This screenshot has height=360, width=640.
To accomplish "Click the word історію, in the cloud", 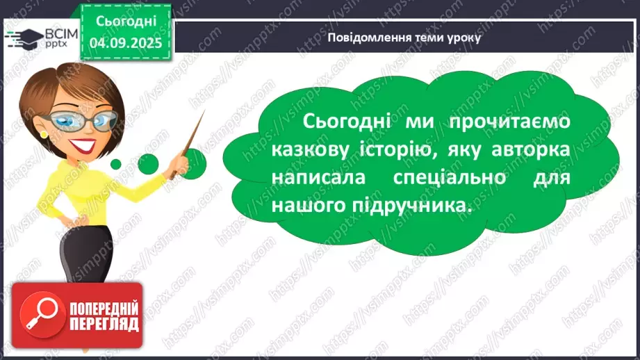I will [406, 150].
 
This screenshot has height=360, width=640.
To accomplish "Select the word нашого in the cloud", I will [309, 206].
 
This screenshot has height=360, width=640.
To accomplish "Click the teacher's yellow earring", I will [44, 133].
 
